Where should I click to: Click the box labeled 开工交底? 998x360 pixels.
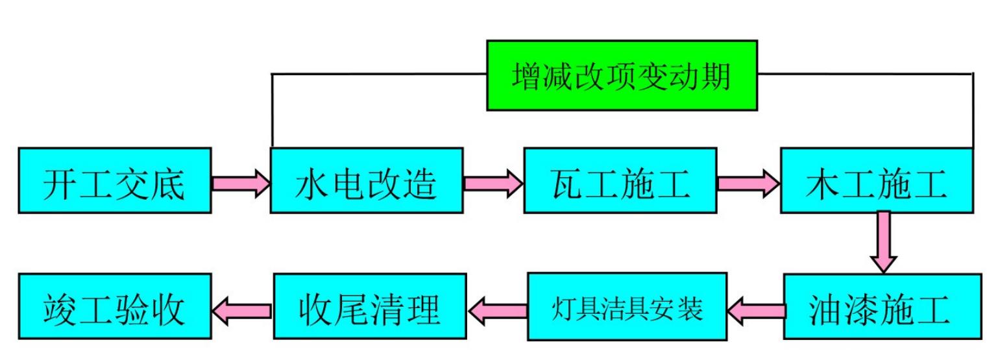pyautogui.click(x=114, y=180)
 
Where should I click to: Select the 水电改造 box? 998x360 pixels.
pyautogui.click(x=367, y=180)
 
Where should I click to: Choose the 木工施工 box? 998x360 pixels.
pyautogui.click(x=876, y=180)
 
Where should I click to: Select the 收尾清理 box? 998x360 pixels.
pyautogui.click(x=369, y=307)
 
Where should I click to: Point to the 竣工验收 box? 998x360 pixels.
pyautogui.click(x=114, y=307)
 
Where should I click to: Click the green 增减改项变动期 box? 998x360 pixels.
pyautogui.click(x=622, y=75)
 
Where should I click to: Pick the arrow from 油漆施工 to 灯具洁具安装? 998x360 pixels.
pyautogui.click(x=754, y=309)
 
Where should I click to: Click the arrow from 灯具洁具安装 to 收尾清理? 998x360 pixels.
pyautogui.click(x=498, y=309)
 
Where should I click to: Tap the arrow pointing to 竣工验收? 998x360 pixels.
pyautogui.click(x=242, y=309)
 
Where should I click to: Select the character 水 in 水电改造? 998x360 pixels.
pyautogui.click(x=310, y=183)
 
